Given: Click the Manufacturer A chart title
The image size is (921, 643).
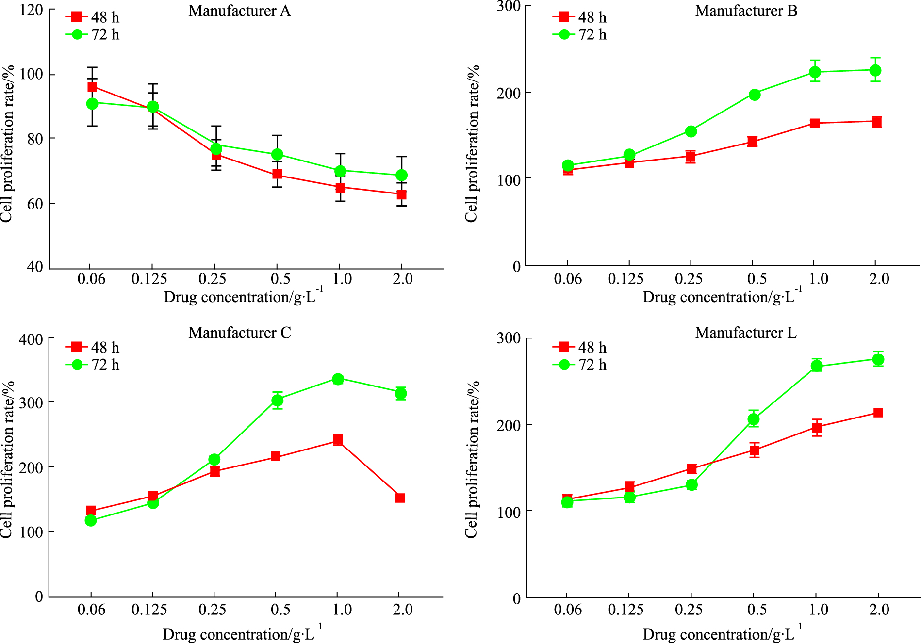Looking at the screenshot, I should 240,11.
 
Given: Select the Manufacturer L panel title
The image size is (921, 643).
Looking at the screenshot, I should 746,333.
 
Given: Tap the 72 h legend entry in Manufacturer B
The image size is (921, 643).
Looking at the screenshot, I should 580,35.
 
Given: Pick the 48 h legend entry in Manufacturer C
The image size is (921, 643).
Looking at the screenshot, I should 93,347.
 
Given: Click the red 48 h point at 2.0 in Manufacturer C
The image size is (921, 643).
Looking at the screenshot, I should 400,498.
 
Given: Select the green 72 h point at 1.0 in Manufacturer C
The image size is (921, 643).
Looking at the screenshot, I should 338,379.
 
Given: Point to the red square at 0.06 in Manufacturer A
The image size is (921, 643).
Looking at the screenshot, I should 92,87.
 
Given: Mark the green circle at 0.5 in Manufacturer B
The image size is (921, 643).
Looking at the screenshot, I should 755,95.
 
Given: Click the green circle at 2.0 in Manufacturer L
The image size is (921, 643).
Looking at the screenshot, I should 878,359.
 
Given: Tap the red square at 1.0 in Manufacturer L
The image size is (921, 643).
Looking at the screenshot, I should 817,428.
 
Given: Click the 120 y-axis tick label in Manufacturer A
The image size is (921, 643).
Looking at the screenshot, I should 32,10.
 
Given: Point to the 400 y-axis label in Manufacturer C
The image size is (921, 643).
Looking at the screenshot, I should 31,339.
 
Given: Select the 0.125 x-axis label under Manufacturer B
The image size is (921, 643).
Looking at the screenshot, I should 626,279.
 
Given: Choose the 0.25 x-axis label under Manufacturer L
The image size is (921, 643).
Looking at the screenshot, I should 689,610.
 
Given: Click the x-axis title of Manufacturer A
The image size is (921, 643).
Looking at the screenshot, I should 243,297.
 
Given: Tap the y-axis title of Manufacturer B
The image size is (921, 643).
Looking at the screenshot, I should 472,144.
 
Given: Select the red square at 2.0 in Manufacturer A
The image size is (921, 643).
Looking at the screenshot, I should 401,194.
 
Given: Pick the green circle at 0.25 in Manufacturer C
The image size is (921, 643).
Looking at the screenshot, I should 214,459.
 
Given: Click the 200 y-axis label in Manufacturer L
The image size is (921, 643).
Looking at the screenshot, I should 509,425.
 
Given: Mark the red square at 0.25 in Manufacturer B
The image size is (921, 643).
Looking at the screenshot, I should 691,157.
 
